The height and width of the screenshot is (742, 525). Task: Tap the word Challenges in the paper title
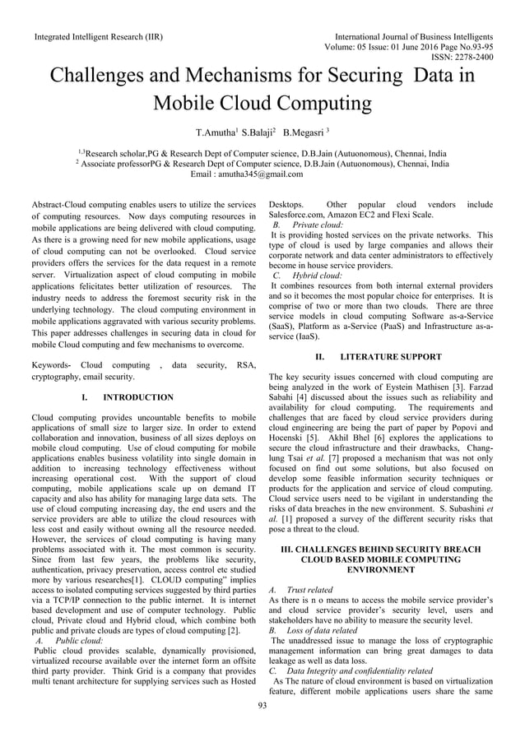coord(120,77)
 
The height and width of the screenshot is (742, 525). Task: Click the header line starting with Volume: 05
coord(423,47)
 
